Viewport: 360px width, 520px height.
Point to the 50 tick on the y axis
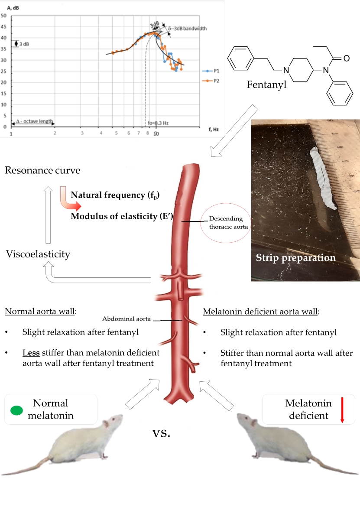pyautogui.click(x=3, y=16)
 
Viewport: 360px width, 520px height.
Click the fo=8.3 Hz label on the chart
pyautogui.click(x=157, y=123)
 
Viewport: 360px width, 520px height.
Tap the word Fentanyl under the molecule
pyautogui.click(x=267, y=84)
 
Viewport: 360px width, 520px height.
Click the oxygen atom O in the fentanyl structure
pyautogui.click(x=346, y=58)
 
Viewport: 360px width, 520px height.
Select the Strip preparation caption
pyautogui.click(x=295, y=257)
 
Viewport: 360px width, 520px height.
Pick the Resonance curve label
pyautogui.click(x=42, y=170)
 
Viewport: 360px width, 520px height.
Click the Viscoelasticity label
pyautogui.click(x=38, y=254)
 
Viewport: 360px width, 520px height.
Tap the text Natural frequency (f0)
pyautogui.click(x=115, y=195)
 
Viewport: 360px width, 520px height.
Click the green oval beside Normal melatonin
pyautogui.click(x=17, y=410)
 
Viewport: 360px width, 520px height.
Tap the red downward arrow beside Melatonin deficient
pyautogui.click(x=342, y=409)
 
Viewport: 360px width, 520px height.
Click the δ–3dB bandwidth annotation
pyautogui.click(x=187, y=28)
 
